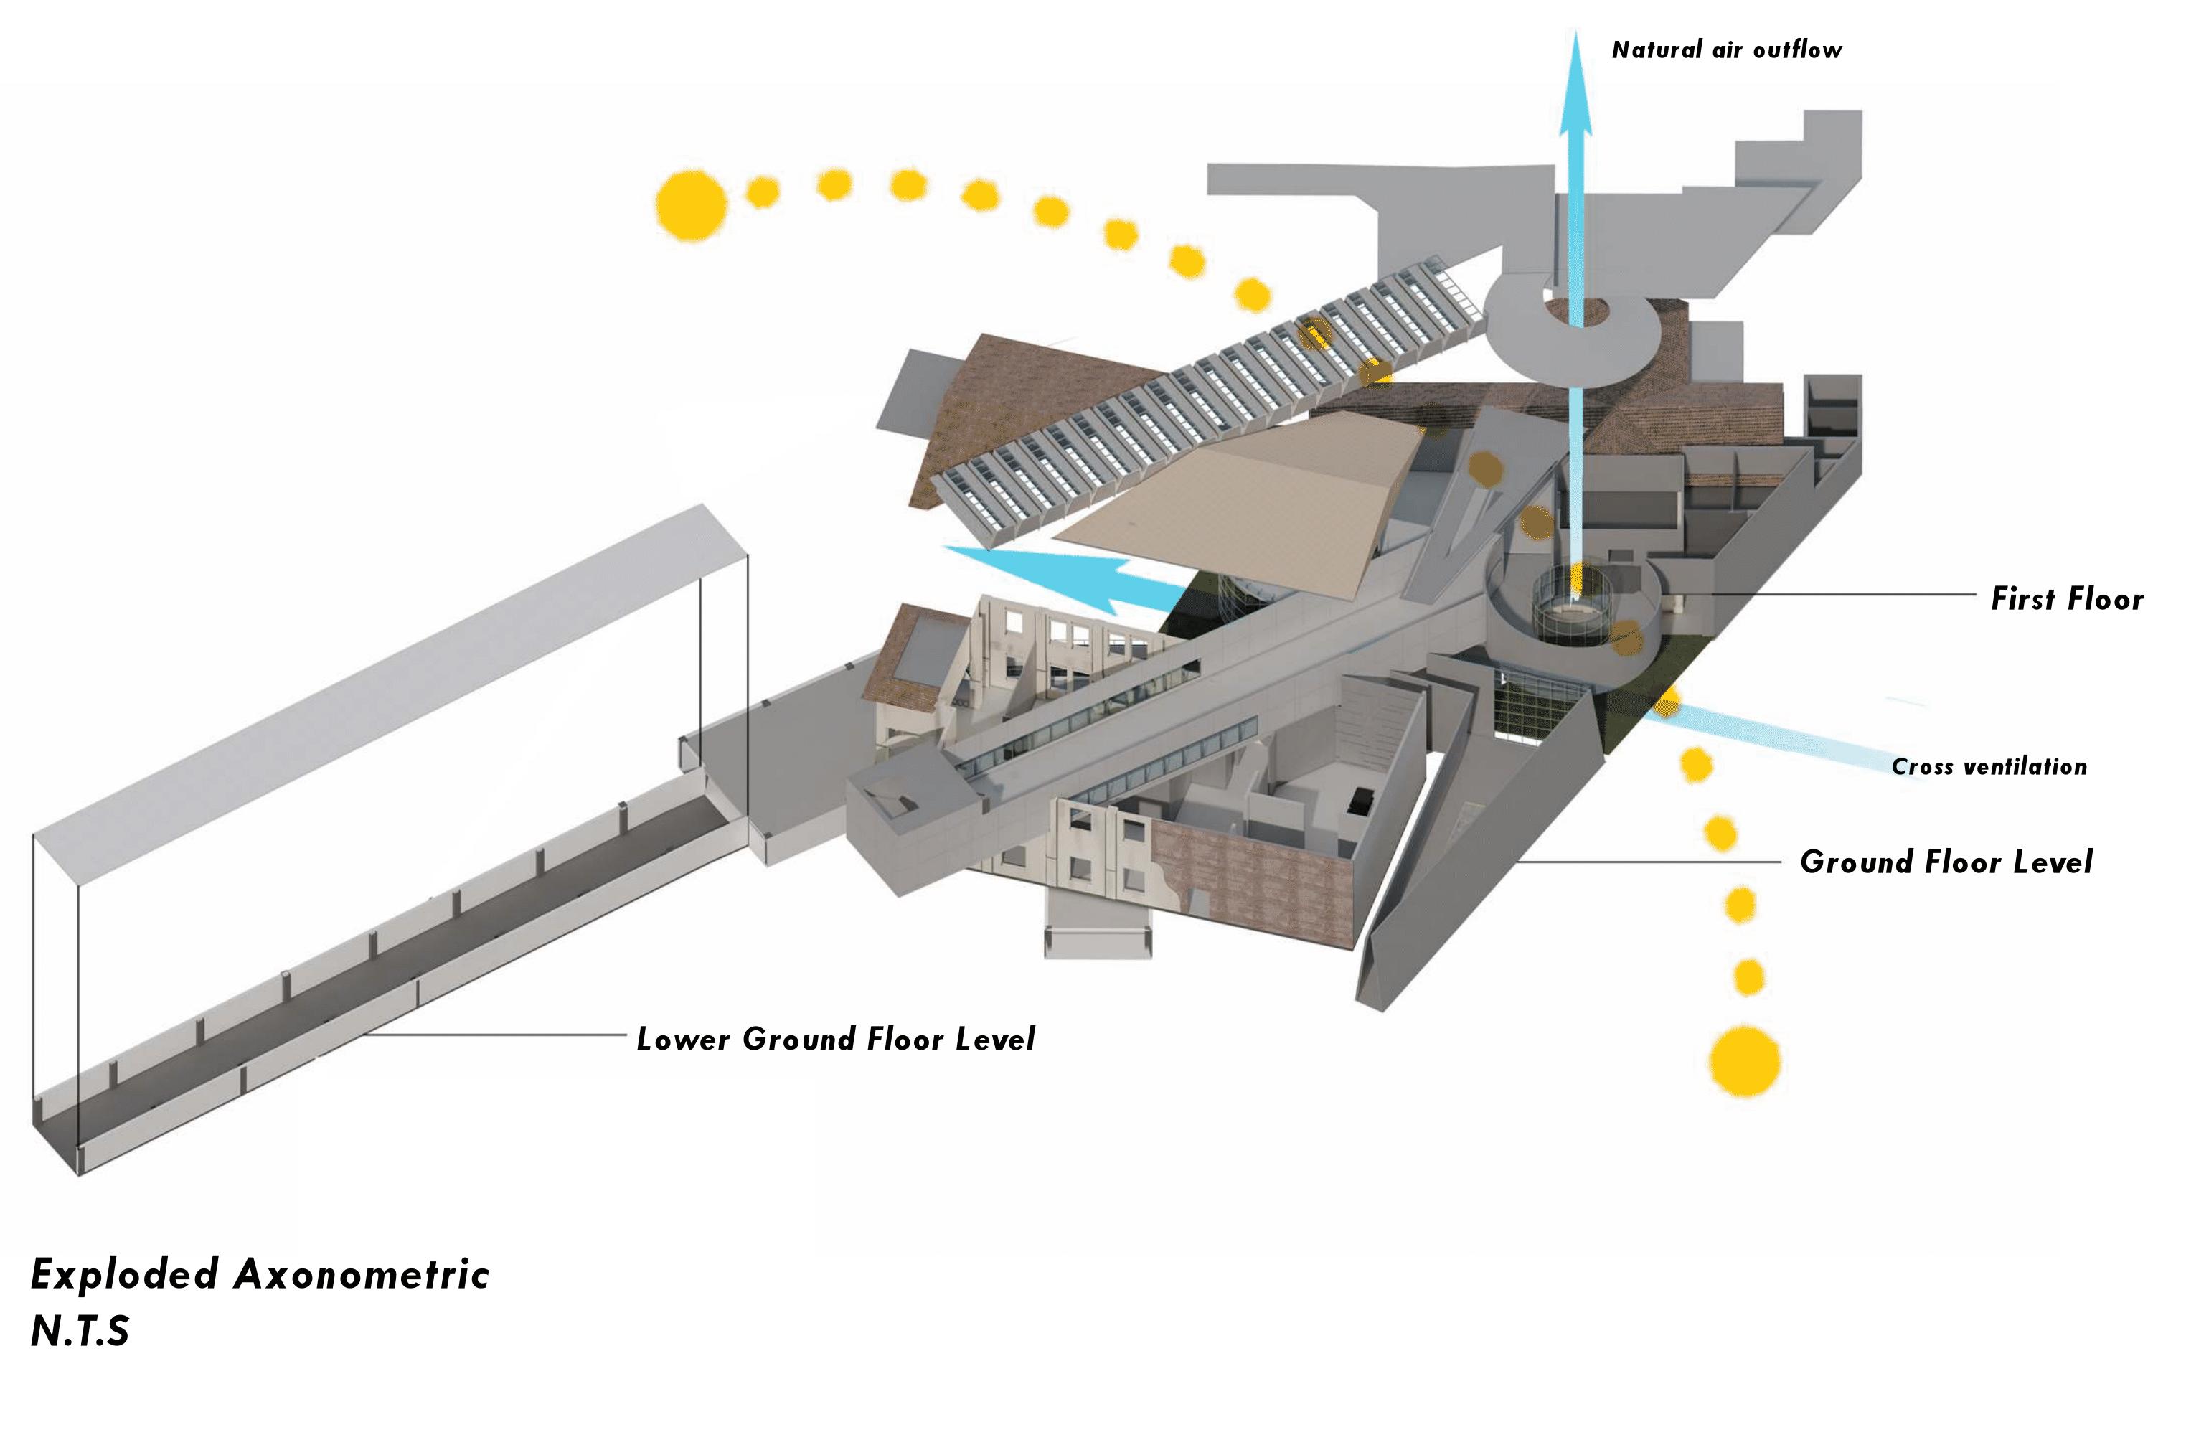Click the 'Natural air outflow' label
point(1725,50)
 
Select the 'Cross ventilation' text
point(1988,767)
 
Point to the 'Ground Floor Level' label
point(1945,862)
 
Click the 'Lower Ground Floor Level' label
point(835,1040)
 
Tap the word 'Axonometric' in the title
point(361,1274)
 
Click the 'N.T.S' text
point(80,1332)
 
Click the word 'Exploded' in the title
point(124,1274)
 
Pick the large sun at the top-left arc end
point(691,205)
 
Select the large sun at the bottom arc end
point(1744,1060)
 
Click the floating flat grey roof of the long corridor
point(388,675)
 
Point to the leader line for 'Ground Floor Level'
point(1646,862)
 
